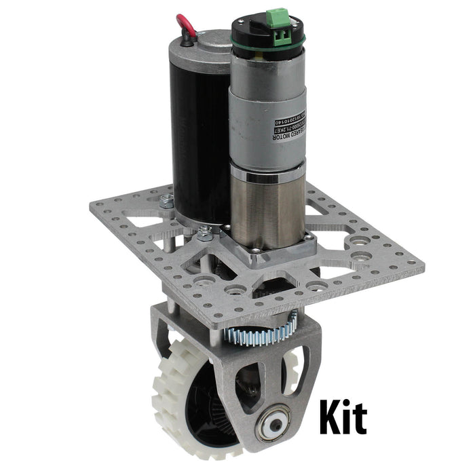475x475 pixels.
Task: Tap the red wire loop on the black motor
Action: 186,25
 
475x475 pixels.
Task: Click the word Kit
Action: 343,419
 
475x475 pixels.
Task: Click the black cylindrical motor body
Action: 197,136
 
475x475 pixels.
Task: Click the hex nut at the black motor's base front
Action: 204,235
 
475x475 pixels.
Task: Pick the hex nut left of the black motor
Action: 166,200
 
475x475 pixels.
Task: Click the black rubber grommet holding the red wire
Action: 184,40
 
